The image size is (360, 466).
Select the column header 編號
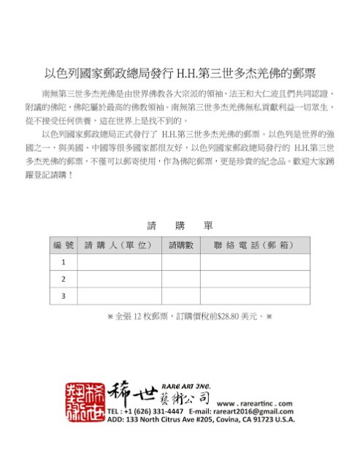coord(64,245)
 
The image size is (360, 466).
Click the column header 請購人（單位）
coord(118,245)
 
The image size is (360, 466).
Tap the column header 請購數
coord(180,245)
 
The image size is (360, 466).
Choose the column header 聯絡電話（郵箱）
coord(250,245)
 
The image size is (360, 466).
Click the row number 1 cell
coord(64,262)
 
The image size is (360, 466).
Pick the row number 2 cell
coord(64,279)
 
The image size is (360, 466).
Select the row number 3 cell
coord(64,296)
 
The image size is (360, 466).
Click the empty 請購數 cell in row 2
coord(180,279)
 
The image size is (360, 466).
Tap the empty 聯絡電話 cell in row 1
coord(250,262)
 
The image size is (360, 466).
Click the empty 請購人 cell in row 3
coord(118,296)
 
